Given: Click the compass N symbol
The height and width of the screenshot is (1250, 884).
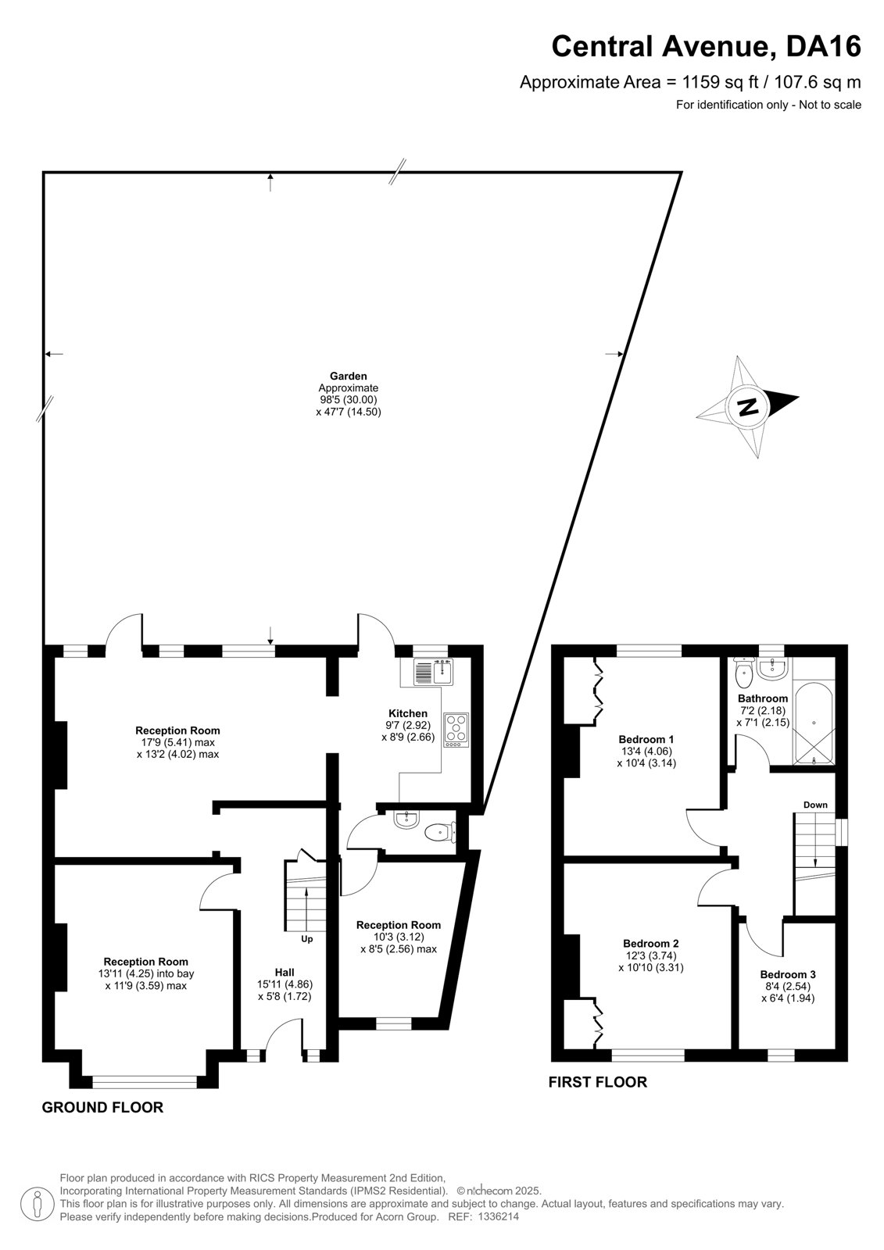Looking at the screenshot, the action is (x=747, y=407).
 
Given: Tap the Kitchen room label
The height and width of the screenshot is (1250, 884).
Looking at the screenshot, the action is (x=408, y=713).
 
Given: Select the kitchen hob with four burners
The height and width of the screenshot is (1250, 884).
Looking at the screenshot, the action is (x=456, y=730).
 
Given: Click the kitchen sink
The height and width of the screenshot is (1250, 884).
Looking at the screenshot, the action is (x=434, y=672).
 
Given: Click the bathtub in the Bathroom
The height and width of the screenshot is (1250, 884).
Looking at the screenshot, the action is (x=814, y=723).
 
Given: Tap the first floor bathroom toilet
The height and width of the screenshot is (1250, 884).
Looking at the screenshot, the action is (x=744, y=673).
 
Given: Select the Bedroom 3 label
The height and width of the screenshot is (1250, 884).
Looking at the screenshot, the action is (x=787, y=974).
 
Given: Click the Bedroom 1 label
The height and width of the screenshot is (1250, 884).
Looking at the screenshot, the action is (x=646, y=739).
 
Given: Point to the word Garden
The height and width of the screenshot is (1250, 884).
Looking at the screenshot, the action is (x=348, y=376).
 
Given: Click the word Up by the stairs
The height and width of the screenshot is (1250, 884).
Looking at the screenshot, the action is (x=306, y=939).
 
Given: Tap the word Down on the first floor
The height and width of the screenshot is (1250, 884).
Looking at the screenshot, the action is (x=815, y=805).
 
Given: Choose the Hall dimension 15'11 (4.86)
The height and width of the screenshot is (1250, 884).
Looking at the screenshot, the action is (x=285, y=984).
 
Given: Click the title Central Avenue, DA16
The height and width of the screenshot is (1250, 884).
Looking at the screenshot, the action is (x=706, y=46).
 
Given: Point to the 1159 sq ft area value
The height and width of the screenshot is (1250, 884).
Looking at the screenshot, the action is (x=720, y=83).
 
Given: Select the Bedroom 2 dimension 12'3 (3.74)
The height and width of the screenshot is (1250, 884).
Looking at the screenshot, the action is (x=650, y=955).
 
